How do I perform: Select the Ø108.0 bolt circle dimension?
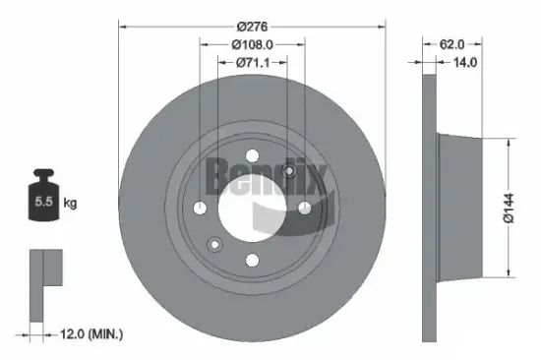[x=252, y=44]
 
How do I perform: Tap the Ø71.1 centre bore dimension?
[x=253, y=63]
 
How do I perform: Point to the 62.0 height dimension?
[x=451, y=44]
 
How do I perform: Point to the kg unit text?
[x=71, y=204]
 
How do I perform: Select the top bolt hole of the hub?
[x=253, y=154]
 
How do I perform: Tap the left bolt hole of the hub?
[x=201, y=207]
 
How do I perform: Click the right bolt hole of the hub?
[x=305, y=207]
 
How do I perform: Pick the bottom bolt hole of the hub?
[x=253, y=259]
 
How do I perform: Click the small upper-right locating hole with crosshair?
[x=289, y=171]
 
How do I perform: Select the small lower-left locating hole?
[x=215, y=243]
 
